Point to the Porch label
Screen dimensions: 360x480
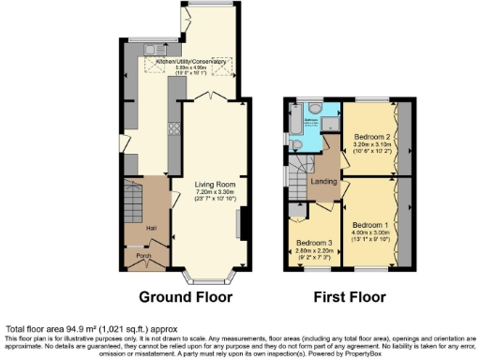click(x=144, y=257)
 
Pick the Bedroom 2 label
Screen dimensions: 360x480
click(x=370, y=138)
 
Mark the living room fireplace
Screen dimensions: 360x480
click(x=241, y=225)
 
